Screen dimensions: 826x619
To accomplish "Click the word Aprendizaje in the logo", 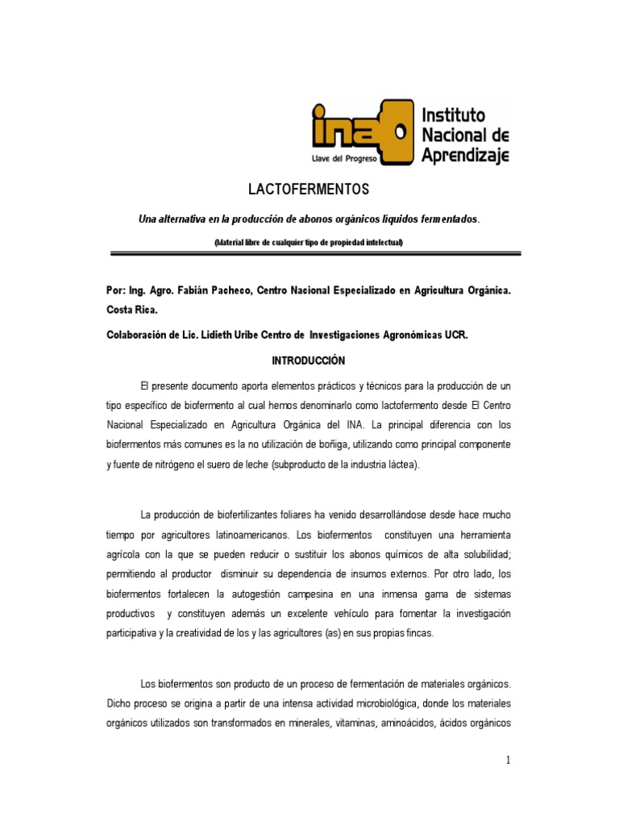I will coord(465,152).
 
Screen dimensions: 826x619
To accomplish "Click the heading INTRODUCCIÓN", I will coord(309,360).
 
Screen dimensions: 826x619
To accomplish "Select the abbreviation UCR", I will coord(456,335).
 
